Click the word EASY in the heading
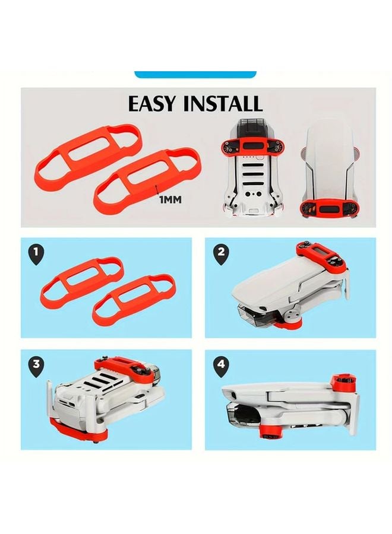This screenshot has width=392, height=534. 153,103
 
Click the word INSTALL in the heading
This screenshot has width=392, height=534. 224,103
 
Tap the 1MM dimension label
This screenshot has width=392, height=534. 170,200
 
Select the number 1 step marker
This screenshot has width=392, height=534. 37,254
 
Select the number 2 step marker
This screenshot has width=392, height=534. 221,254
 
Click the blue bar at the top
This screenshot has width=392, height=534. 195,74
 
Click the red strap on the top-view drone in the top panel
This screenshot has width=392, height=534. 332,208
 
